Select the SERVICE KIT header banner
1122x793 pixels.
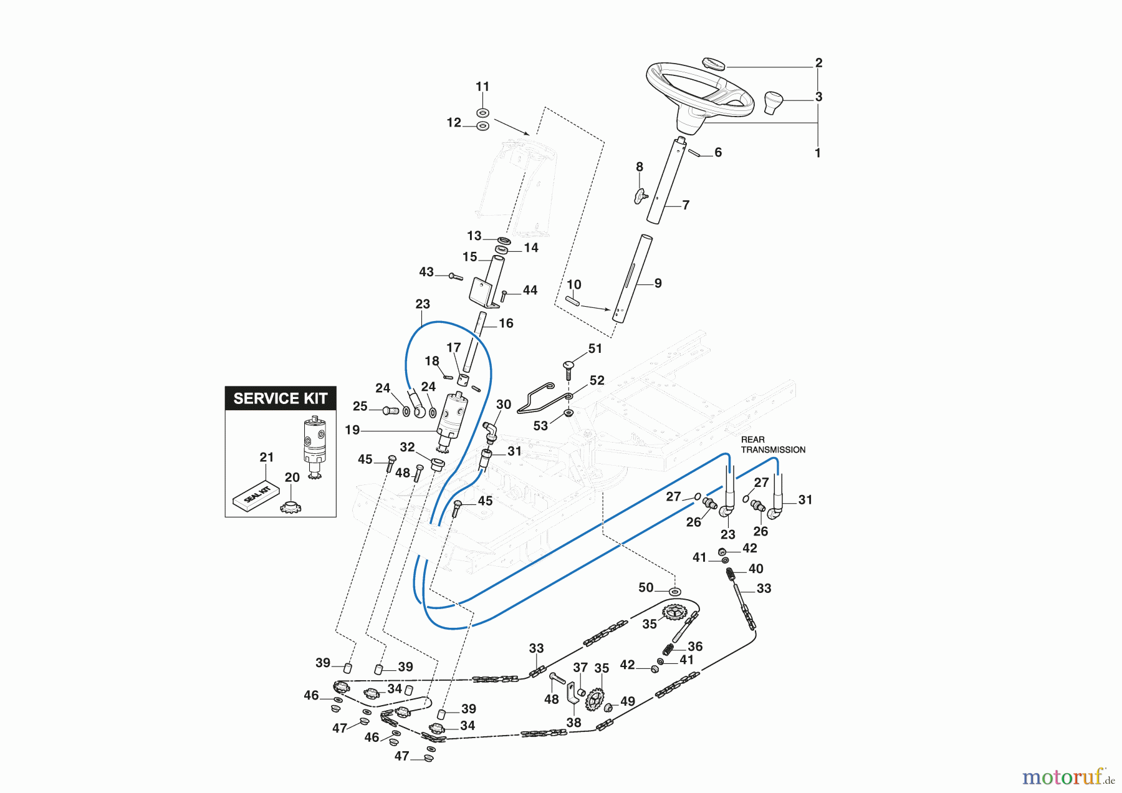point(280,398)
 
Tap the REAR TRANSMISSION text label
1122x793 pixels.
point(773,445)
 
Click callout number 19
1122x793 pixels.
point(352,430)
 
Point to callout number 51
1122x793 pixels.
point(595,348)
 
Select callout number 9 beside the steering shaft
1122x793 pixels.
point(658,283)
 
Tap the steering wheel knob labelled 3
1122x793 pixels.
point(772,102)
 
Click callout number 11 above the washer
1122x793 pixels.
point(482,87)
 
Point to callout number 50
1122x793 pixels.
point(646,587)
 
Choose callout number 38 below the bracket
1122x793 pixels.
point(573,723)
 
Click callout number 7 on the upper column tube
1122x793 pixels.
point(686,205)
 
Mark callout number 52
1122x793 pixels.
point(597,380)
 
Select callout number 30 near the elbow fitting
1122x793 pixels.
point(504,405)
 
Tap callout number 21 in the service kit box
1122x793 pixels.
point(267,457)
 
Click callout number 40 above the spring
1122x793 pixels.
point(756,569)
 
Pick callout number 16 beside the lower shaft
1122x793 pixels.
point(506,323)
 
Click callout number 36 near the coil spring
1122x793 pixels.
point(695,646)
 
